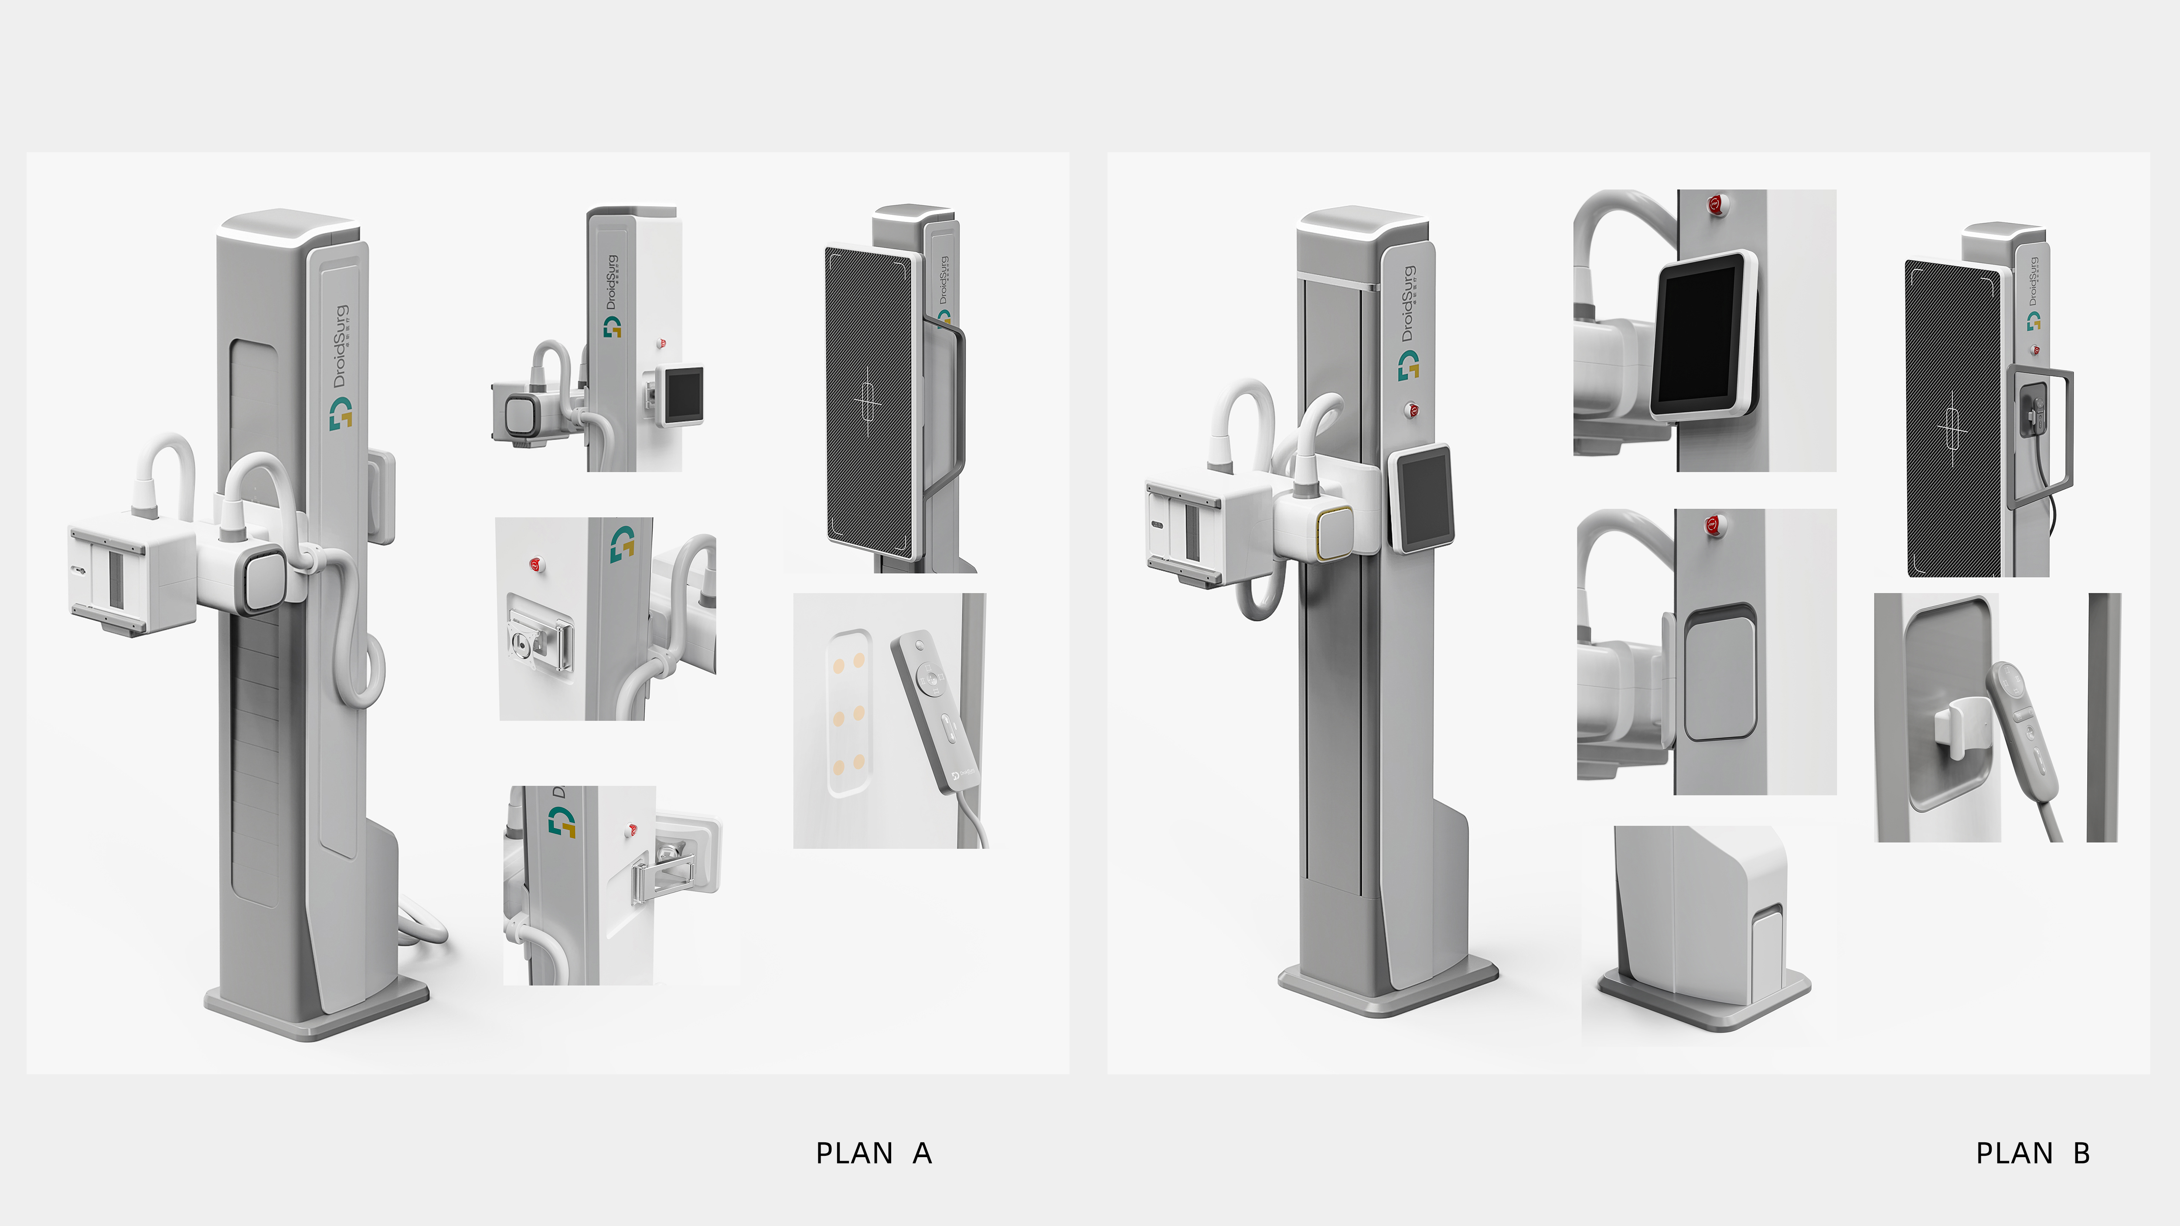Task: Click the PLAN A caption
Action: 873,1153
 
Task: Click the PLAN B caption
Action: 2033,1153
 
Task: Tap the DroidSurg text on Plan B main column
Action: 1407,305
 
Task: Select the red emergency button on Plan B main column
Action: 1412,411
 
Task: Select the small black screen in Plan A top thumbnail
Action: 683,394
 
